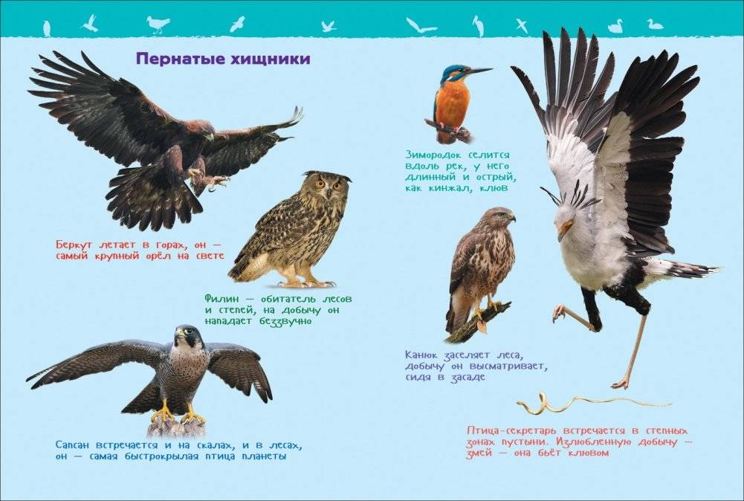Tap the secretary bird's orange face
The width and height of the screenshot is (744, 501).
click(x=565, y=229)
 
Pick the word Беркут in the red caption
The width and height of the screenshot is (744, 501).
click(x=74, y=245)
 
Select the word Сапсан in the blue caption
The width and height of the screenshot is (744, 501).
click(x=74, y=445)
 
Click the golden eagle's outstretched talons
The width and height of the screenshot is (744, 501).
click(x=209, y=178)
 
